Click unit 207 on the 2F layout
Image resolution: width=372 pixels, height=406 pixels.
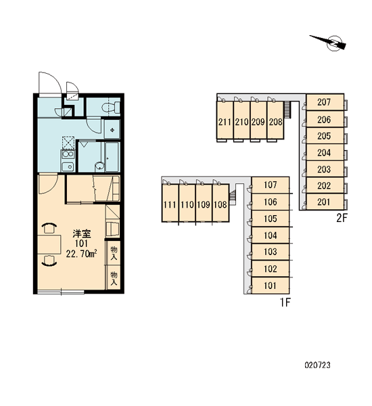325,102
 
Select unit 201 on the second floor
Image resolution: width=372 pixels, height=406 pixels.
325,202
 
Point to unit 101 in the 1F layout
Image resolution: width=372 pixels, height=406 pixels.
271,286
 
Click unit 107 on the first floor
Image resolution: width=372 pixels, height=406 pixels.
271,185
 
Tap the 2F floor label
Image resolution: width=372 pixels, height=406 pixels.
341,219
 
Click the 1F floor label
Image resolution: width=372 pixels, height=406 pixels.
285,302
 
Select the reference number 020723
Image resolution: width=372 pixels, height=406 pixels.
318,365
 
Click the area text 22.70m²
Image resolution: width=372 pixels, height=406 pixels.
82,254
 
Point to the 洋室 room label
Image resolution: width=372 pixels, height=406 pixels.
82,234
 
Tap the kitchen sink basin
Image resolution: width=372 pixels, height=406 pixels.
68,166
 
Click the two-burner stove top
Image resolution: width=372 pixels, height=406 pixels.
68,154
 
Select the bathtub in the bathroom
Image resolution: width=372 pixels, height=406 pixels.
112,157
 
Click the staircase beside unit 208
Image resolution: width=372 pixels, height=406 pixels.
287,110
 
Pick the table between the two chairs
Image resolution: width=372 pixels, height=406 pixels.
49,245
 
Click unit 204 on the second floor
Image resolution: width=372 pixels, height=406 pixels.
325,152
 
